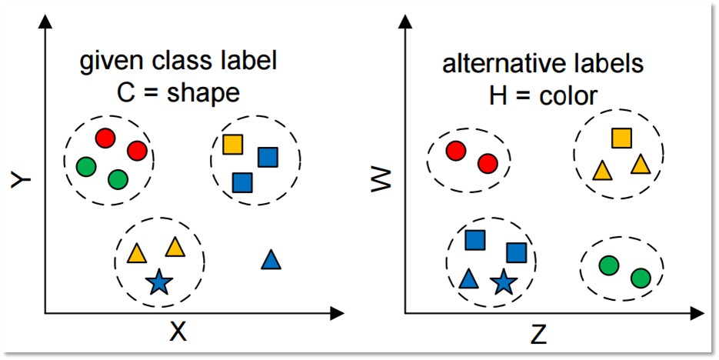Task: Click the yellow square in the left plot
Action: (x=232, y=144)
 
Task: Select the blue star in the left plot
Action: (x=158, y=282)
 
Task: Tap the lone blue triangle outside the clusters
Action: (x=271, y=260)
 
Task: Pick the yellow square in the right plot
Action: (x=622, y=138)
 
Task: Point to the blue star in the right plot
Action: (x=503, y=282)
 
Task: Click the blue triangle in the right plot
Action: (x=468, y=278)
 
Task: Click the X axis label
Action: (x=178, y=332)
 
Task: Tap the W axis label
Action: (x=382, y=181)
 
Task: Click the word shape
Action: (x=205, y=93)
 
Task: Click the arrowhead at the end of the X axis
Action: (x=336, y=313)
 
